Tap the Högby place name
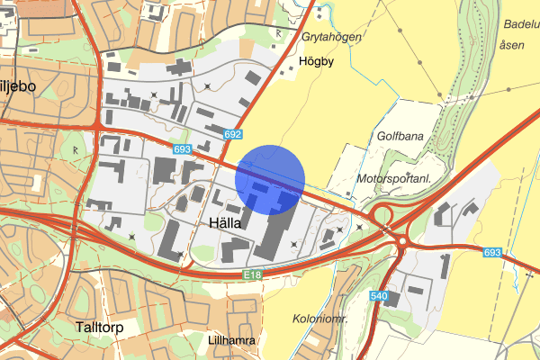point(315,63)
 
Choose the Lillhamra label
point(232,341)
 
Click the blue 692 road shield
point(233,134)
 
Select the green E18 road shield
point(251,274)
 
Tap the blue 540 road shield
point(378,296)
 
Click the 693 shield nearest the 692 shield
point(182,149)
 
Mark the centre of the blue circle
point(271,179)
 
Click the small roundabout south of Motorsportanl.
point(378,215)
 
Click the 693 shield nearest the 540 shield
point(491,253)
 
